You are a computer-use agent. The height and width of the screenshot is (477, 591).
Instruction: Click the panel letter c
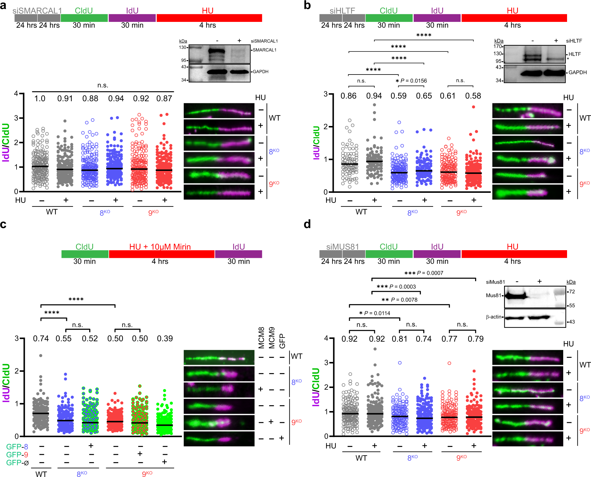[3, 225]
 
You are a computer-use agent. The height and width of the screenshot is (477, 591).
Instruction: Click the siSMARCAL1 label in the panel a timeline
[37, 11]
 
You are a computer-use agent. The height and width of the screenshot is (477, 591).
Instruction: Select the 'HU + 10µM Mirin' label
[160, 247]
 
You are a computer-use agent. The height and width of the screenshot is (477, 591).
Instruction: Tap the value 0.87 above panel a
[164, 98]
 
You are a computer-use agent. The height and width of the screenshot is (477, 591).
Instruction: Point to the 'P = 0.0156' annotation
[413, 81]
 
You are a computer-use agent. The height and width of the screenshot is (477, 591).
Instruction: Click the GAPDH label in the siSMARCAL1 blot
[260, 72]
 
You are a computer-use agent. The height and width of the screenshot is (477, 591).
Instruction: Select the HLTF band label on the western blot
[574, 54]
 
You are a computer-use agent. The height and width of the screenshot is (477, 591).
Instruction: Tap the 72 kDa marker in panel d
[572, 292]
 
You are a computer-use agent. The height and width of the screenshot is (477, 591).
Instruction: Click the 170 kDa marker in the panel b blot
[497, 46]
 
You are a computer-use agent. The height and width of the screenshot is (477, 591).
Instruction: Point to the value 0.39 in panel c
[165, 339]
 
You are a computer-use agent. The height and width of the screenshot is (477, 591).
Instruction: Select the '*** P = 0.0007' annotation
[424, 273]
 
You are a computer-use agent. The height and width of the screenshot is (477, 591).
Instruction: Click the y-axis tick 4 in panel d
[326, 338]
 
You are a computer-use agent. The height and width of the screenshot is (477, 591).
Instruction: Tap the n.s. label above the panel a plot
[103, 85]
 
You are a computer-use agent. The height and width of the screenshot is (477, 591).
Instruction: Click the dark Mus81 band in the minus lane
[516, 295]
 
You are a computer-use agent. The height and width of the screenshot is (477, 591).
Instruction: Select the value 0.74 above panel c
[41, 339]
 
